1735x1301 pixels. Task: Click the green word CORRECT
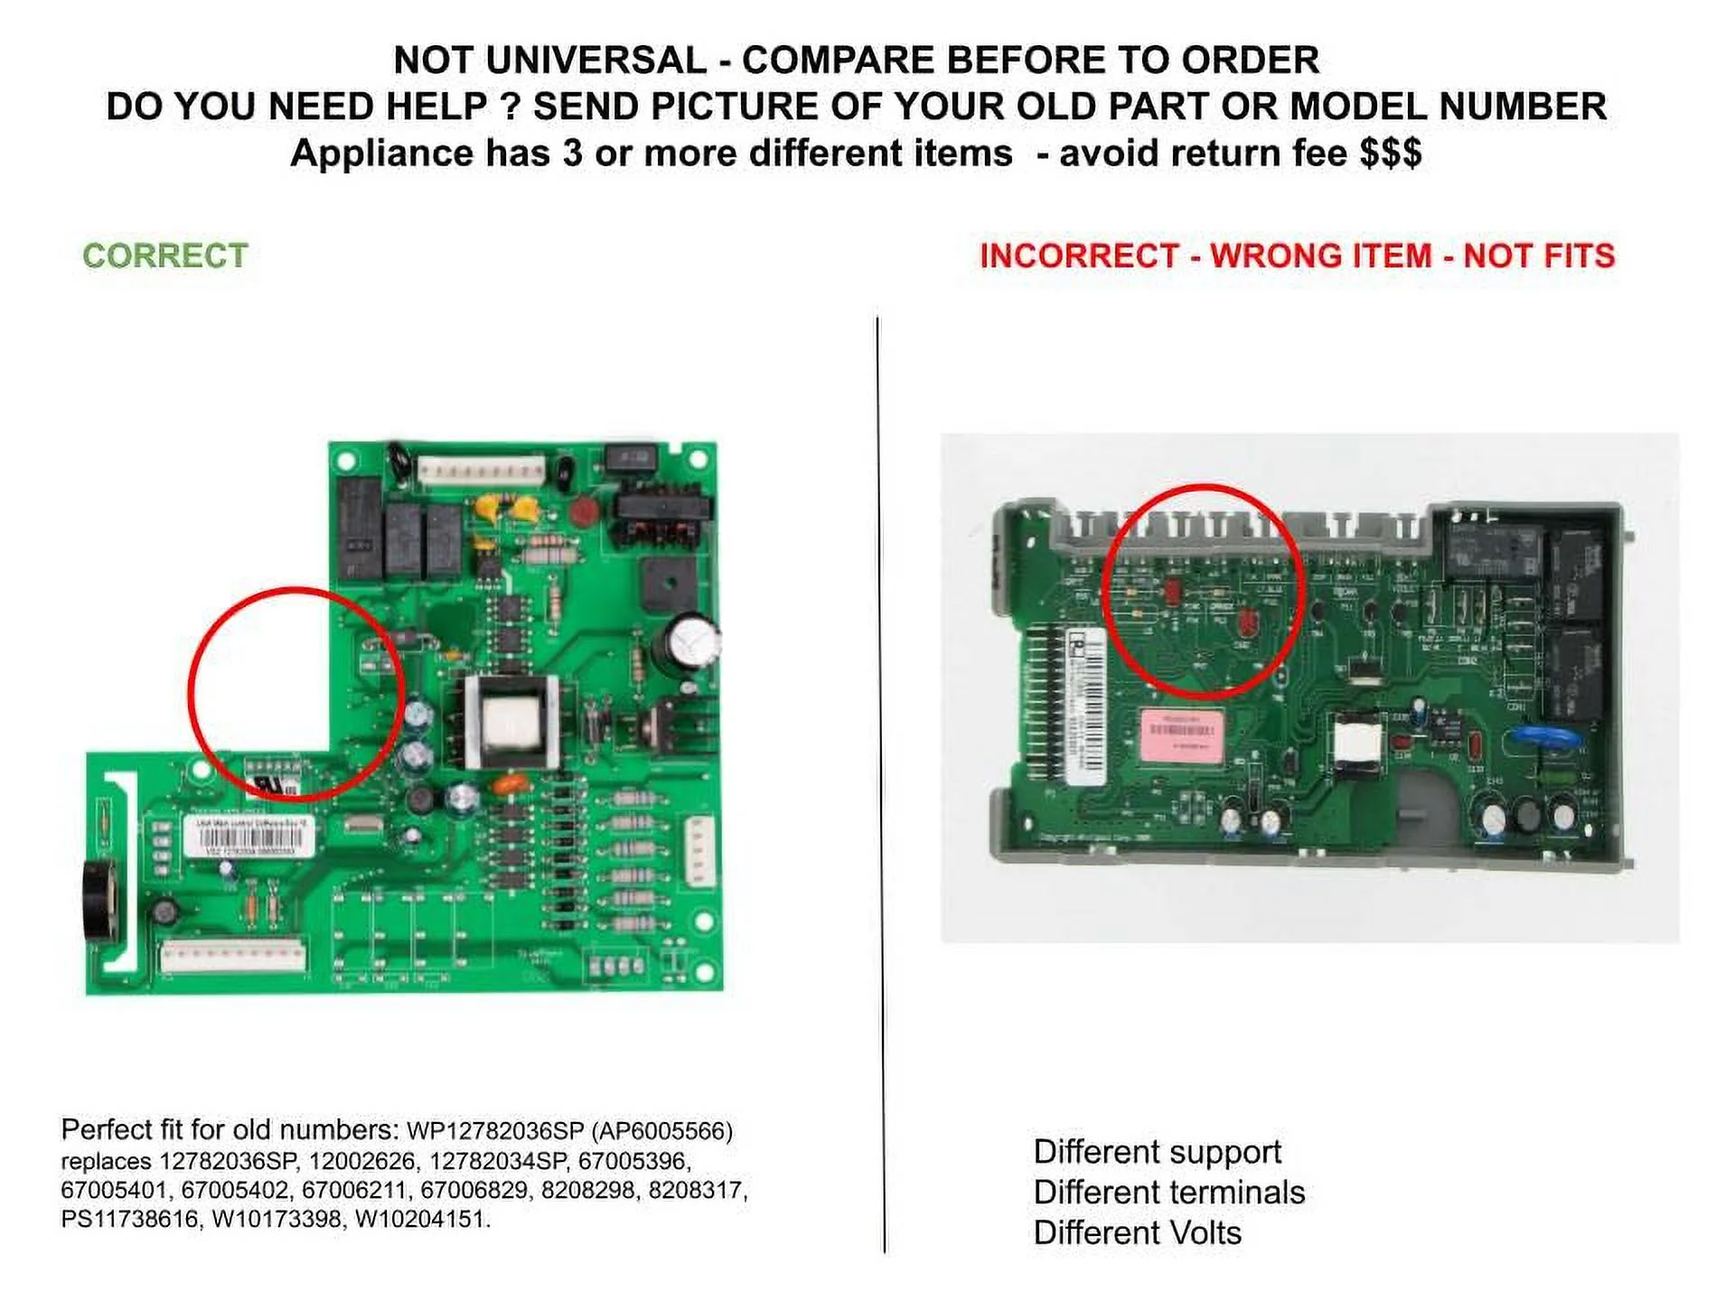[165, 256]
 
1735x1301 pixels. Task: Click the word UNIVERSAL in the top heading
[596, 61]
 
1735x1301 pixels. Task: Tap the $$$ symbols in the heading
[1391, 153]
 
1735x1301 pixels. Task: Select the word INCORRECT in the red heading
[1079, 256]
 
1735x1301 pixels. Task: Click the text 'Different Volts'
[1137, 1232]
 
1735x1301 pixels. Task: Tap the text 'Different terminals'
[1168, 1193]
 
